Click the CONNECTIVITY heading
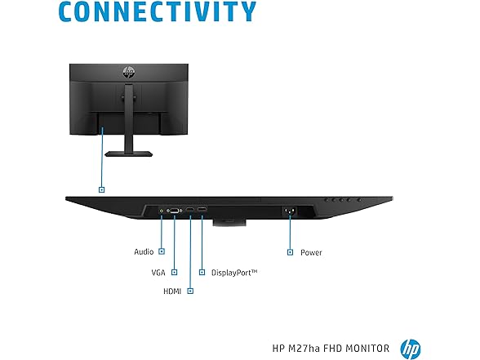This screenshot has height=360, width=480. point(157,11)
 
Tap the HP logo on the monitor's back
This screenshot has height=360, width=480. point(129,72)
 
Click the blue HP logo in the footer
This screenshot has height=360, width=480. point(411,349)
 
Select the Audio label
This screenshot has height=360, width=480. point(144,251)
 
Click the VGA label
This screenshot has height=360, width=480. point(158,273)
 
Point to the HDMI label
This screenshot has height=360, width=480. point(172,291)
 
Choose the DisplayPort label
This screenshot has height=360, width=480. point(234,273)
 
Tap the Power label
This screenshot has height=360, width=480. point(311,252)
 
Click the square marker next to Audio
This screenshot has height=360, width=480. point(162,251)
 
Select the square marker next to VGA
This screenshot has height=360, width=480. point(174,272)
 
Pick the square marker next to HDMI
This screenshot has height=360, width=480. point(190,291)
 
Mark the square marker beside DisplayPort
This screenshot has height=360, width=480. point(202,272)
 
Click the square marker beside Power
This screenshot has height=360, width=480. point(290,252)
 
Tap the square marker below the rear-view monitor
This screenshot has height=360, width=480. point(101,189)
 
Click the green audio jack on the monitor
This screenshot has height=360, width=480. point(162,211)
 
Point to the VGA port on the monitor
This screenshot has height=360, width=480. point(174,211)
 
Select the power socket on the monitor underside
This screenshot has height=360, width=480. point(289,211)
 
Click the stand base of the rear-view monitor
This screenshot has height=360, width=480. point(129,153)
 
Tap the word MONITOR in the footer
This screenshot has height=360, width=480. point(367,349)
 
